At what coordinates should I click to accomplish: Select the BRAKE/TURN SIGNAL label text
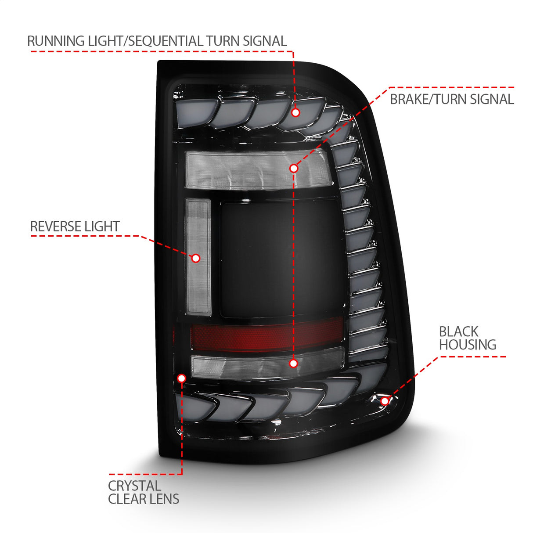coord(451,99)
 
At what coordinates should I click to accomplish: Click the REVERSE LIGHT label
coord(75,227)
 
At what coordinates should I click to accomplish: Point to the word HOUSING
coord(467,345)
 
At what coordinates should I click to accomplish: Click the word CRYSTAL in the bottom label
coord(134,486)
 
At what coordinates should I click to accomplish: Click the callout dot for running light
coord(295,113)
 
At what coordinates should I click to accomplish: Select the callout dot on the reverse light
coord(196,258)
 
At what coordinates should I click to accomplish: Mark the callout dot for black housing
coord(385,400)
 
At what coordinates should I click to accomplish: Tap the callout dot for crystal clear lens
coord(182,378)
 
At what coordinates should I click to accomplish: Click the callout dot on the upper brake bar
coord(294,168)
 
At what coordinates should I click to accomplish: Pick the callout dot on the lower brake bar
coord(293,363)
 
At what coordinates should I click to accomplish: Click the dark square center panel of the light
coord(281,259)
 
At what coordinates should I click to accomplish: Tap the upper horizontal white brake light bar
coord(246,171)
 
